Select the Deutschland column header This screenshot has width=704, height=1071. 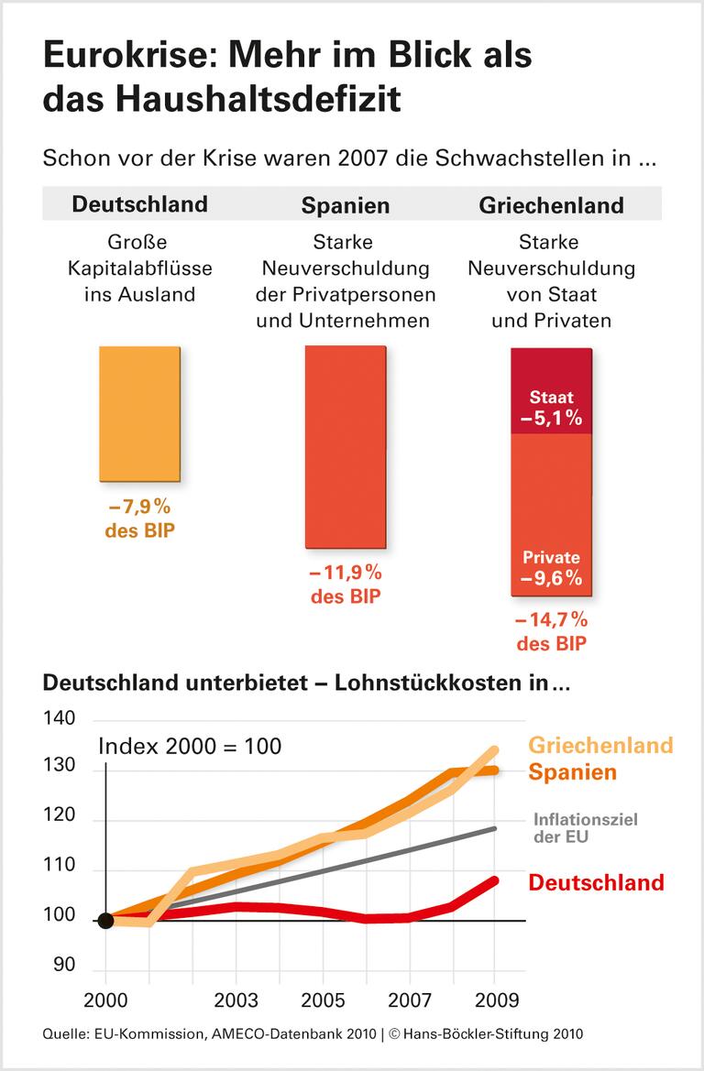coord(140,203)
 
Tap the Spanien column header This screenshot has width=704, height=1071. coord(346,204)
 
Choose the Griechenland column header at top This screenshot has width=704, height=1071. coord(551,204)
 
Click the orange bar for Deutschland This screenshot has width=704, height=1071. coord(140,413)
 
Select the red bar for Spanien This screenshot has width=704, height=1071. coord(346,447)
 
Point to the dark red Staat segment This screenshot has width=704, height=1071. coord(551,391)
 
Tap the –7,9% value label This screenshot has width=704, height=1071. coord(140,507)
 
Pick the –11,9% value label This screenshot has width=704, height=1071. coord(346,574)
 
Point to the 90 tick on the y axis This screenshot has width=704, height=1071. coord(64,965)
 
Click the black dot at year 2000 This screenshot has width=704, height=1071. coord(105,920)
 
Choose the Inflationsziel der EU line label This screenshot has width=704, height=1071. coord(585,828)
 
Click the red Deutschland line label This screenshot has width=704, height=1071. coord(596,882)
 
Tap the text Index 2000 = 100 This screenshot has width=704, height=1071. coord(190,746)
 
